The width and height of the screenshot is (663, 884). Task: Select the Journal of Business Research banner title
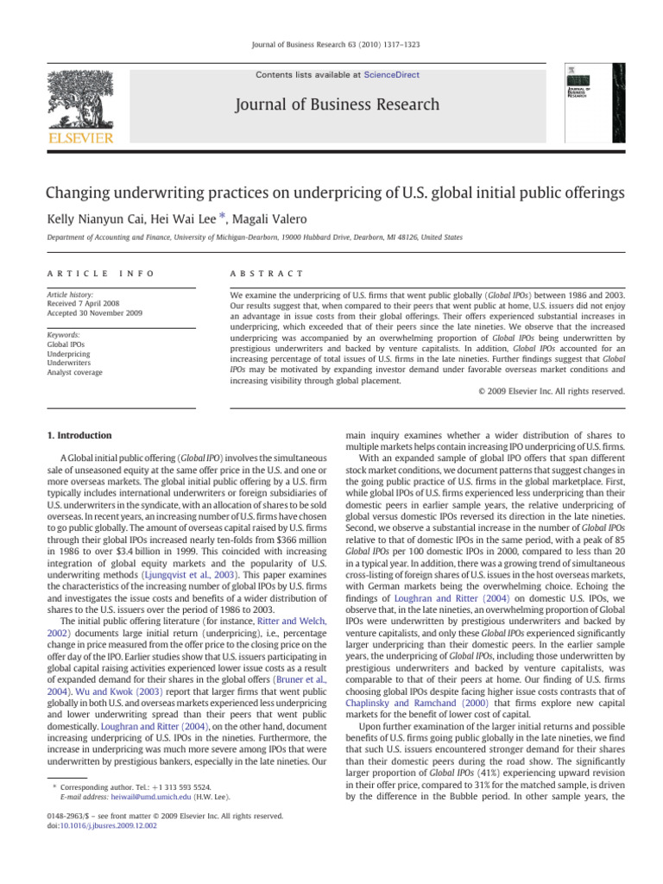click(x=331, y=105)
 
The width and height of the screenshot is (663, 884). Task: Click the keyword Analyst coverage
click(x=74, y=372)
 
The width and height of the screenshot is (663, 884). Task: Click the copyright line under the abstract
click(x=551, y=391)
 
